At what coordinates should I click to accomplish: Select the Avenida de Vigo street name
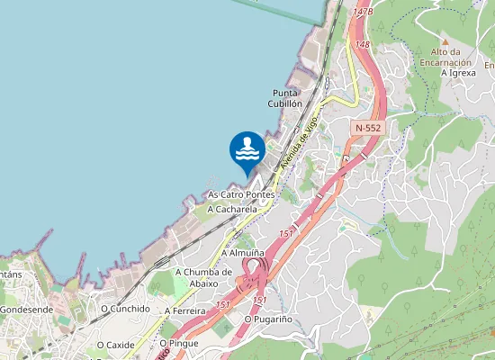pyautogui.click(x=300, y=142)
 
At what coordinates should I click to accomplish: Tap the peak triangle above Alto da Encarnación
pyautogui.click(x=443, y=41)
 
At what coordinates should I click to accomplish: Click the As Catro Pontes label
pyautogui.click(x=240, y=194)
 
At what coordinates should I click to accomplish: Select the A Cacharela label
pyautogui.click(x=232, y=209)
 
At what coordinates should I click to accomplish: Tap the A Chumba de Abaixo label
pyautogui.click(x=203, y=277)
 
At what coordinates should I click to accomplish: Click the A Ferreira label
pyautogui.click(x=185, y=310)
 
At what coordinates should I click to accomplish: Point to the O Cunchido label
pyautogui.click(x=125, y=308)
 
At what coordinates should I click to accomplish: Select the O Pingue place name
pyautogui.click(x=177, y=343)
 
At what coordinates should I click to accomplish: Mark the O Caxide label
pyautogui.click(x=116, y=345)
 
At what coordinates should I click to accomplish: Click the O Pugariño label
pyautogui.click(x=267, y=319)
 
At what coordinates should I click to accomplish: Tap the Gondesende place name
pyautogui.click(x=26, y=310)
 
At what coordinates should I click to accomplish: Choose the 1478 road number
pyautogui.click(x=363, y=12)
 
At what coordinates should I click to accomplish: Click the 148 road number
pyautogui.click(x=363, y=44)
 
